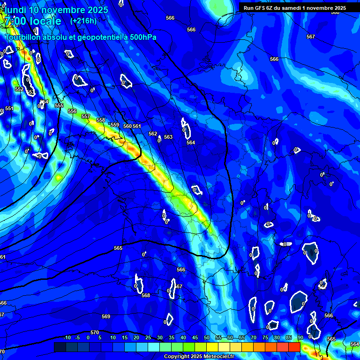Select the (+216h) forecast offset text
[83, 21]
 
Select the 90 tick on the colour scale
[300, 337]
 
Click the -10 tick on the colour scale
[67, 337]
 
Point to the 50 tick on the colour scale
[207, 337]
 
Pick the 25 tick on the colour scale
[148, 337]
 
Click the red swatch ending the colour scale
[294, 347]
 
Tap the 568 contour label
[146, 295]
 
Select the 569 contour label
[106, 316]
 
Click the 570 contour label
[95, 332]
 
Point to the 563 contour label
[168, 137]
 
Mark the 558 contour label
[101, 120]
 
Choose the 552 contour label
[19, 89]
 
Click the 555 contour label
[59, 105]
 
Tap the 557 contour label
[85, 116]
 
